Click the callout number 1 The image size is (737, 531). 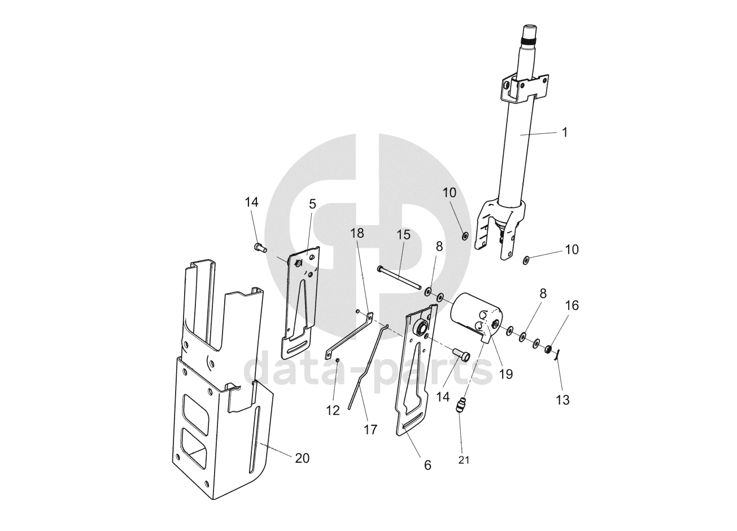565,133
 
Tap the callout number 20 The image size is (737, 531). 302,458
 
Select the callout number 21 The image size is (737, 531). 464,460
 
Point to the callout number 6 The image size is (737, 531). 428,465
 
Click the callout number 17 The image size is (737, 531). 370,430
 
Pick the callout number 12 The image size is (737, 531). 333,411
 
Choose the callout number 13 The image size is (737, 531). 562,401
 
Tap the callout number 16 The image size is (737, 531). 572,306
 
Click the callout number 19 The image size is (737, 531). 505,374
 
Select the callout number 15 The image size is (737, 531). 403,235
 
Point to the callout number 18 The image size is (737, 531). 357,233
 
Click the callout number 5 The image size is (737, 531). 312,204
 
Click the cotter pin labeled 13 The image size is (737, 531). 556,355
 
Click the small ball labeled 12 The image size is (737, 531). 338,361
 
